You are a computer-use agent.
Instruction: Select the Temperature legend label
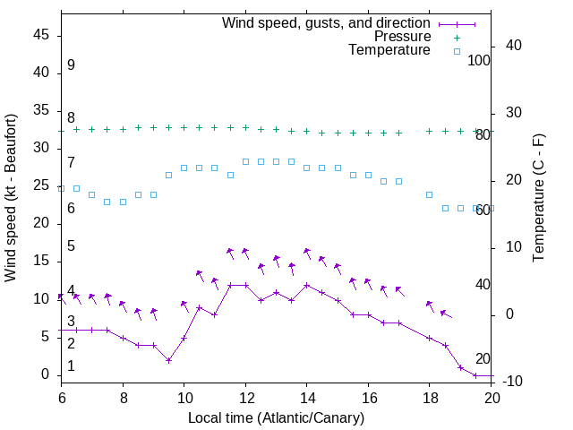click(x=389, y=50)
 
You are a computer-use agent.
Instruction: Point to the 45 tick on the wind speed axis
click(x=41, y=35)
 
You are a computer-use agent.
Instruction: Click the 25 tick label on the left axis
click(x=41, y=185)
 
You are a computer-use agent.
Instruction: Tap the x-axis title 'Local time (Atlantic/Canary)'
click(x=276, y=417)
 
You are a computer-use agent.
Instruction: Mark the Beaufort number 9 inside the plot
click(x=71, y=65)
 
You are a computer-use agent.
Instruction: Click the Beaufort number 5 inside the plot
click(x=71, y=246)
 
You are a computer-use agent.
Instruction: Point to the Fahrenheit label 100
click(x=480, y=61)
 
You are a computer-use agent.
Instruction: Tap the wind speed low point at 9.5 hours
click(x=168, y=360)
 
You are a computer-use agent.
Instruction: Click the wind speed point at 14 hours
click(x=307, y=285)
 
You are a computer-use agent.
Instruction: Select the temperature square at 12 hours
click(x=245, y=161)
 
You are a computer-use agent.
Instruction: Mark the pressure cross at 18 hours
click(x=430, y=131)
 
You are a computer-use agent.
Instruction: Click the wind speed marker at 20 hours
click(x=491, y=375)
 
